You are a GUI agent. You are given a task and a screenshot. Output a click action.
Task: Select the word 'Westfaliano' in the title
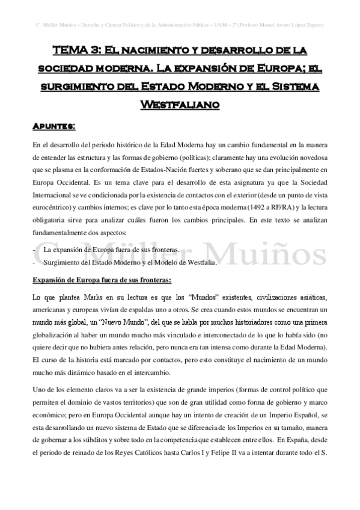click(x=180, y=105)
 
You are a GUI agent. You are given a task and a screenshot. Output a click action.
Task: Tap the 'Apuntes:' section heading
click(x=53, y=127)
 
